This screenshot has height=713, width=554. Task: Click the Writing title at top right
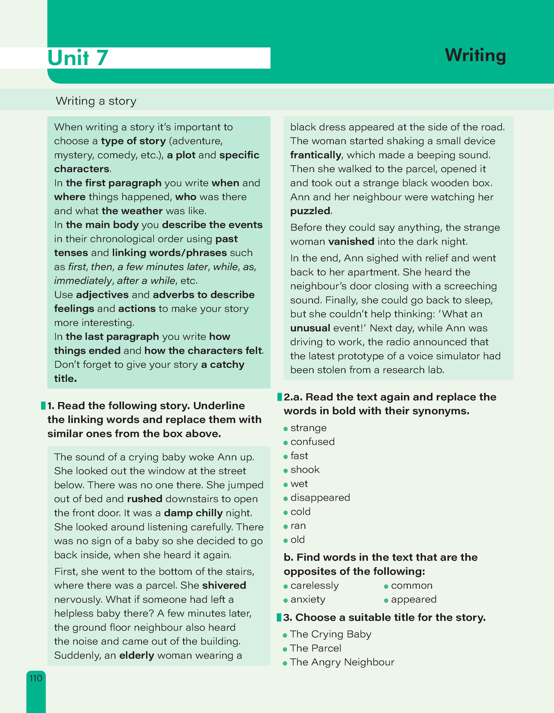(475, 55)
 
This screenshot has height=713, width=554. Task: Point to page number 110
(36, 678)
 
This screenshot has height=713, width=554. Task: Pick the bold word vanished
(351, 242)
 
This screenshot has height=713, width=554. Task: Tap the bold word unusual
(310, 328)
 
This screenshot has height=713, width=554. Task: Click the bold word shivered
(224, 585)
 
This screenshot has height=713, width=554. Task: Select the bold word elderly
(137, 655)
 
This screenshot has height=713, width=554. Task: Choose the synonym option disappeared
(320, 497)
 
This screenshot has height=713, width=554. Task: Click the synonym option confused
(312, 442)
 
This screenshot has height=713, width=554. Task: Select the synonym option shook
(305, 470)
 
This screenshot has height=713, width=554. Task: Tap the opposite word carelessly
(315, 586)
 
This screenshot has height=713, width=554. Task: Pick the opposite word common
(411, 586)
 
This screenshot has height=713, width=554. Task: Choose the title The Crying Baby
(330, 634)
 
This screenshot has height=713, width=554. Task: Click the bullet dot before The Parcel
(285, 649)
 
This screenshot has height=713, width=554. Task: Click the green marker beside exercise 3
(279, 617)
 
